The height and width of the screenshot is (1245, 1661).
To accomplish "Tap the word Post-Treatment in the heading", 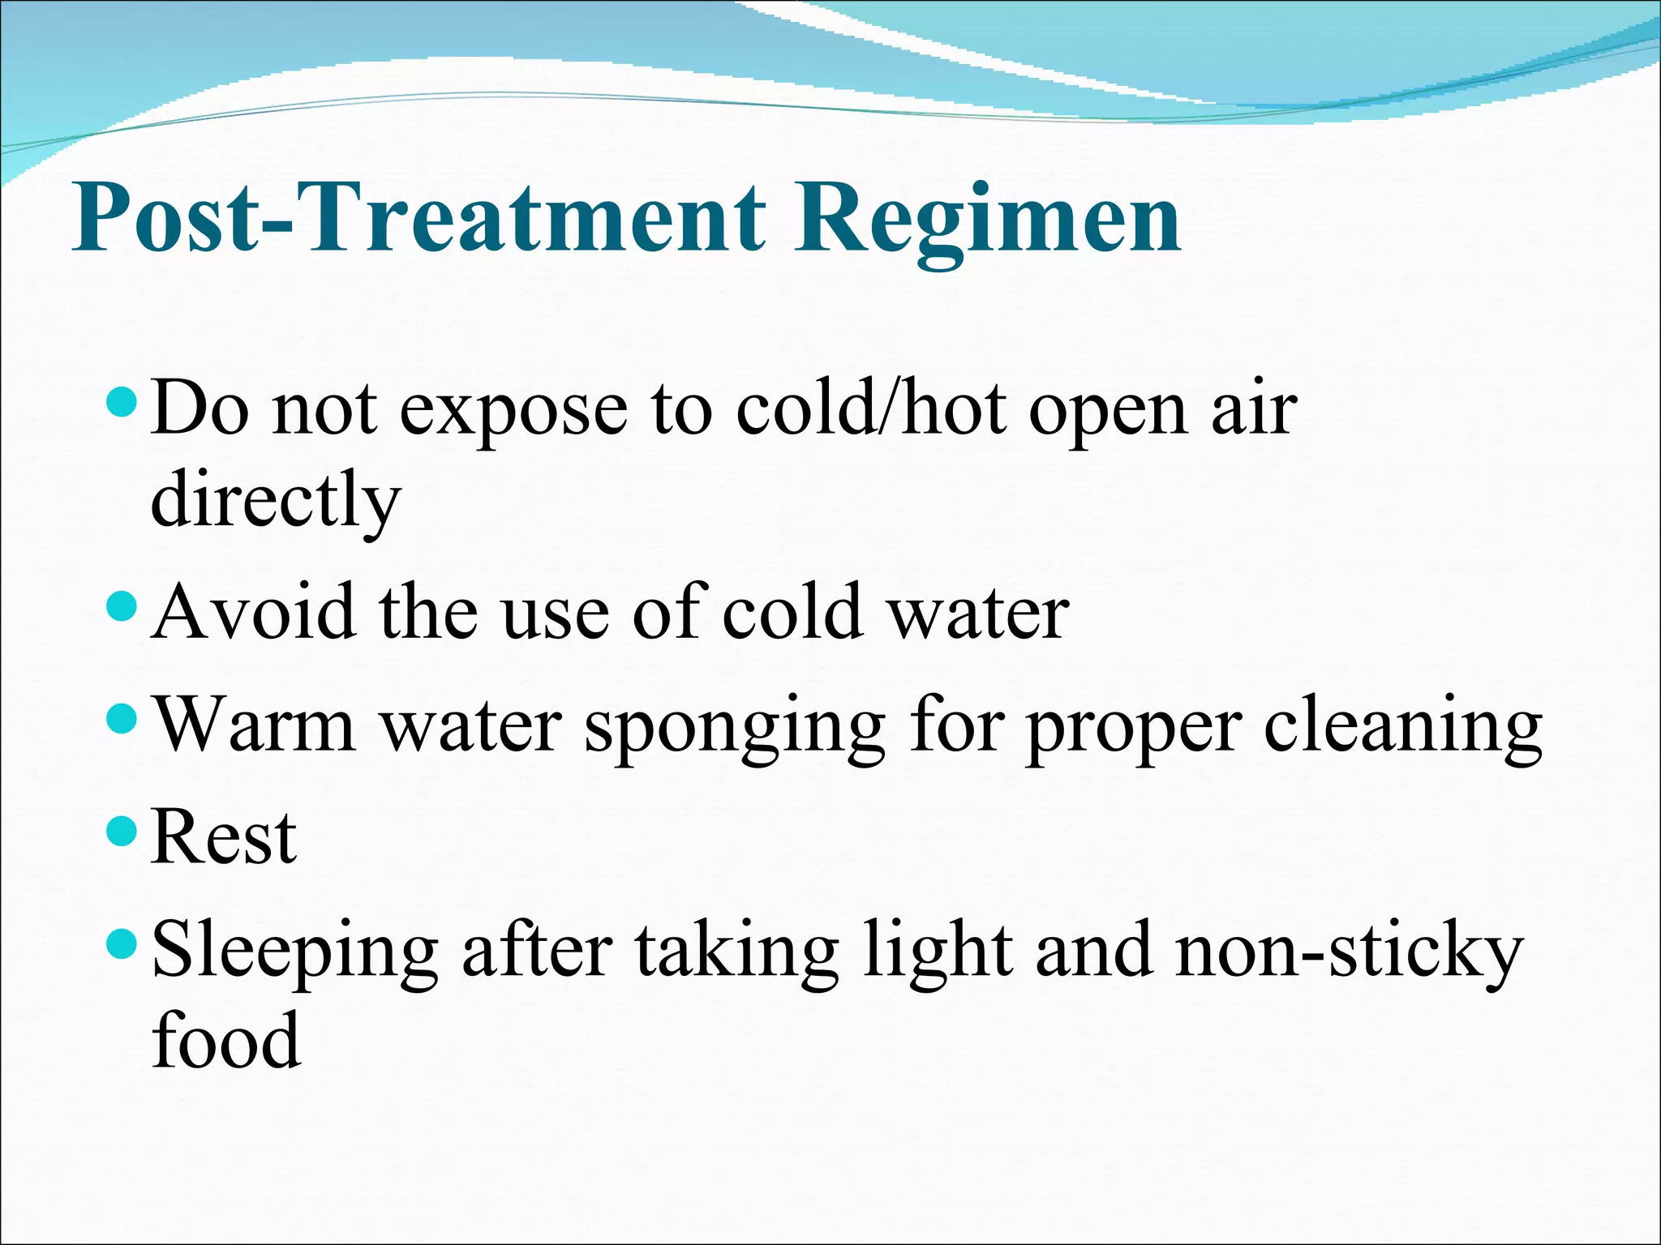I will (x=418, y=217).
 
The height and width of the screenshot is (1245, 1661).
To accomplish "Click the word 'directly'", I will (x=276, y=501).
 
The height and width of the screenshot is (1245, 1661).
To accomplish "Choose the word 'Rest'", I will (x=224, y=838).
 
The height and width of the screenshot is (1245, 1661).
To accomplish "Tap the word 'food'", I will (x=226, y=1041).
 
